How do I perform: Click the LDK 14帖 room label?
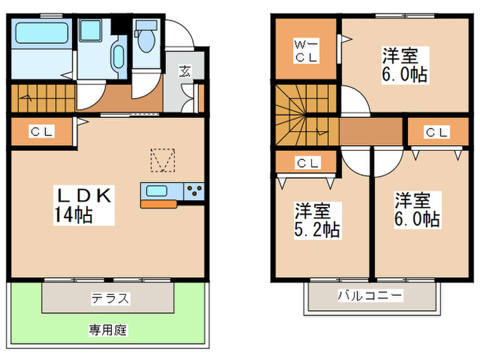coord(84,204)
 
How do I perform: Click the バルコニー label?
coord(370,296)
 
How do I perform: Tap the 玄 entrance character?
coord(185,70)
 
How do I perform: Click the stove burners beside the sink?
coord(193,191)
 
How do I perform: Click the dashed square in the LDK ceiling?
coord(163,160)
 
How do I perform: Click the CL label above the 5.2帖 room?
coord(308,163)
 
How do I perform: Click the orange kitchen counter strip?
coord(159,204)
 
